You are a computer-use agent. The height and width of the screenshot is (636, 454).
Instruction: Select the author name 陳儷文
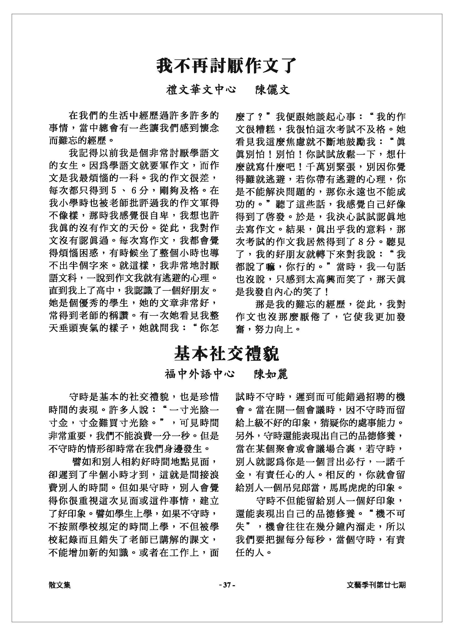pyautogui.click(x=273, y=90)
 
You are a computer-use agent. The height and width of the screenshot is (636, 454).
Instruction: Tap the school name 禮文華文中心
pyautogui.click(x=201, y=90)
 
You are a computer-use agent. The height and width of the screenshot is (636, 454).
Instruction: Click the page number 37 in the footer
pyautogui.click(x=227, y=585)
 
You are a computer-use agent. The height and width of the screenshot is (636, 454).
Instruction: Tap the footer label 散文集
pyautogui.click(x=59, y=585)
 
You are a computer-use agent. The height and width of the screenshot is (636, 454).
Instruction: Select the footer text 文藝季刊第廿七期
pyautogui.click(x=376, y=585)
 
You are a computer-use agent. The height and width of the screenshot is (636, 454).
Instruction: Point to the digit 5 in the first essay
pyautogui.click(x=113, y=191)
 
